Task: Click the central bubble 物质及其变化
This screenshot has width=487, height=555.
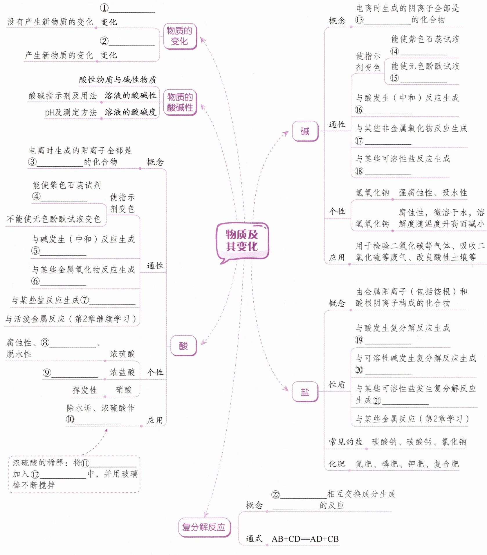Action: [242, 240]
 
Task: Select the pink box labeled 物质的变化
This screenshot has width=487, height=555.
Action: [180, 36]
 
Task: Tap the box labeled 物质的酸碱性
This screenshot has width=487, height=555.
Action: [180, 102]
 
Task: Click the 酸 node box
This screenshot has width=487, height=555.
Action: [183, 346]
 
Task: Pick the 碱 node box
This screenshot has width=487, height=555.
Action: [305, 131]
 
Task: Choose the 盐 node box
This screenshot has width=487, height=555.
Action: [305, 392]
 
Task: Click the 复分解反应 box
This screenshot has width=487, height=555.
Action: [204, 527]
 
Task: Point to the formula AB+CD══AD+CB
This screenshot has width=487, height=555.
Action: [305, 539]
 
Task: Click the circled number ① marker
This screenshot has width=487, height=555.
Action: [104, 8]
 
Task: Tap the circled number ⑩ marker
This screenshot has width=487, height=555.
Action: [70, 419]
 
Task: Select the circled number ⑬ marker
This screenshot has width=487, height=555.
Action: [359, 20]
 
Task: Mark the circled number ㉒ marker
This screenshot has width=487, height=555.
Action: [275, 495]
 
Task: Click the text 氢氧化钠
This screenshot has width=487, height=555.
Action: [372, 193]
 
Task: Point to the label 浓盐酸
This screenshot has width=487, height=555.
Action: [122, 372]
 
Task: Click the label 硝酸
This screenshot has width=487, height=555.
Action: [124, 390]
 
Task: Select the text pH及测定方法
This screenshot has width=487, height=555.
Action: [71, 112]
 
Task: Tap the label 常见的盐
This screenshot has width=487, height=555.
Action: [345, 442]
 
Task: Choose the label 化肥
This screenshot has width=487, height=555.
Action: [337, 464]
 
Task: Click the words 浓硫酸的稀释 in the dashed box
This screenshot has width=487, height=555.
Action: [38, 462]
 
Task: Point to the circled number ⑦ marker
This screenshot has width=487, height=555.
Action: [84, 300]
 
